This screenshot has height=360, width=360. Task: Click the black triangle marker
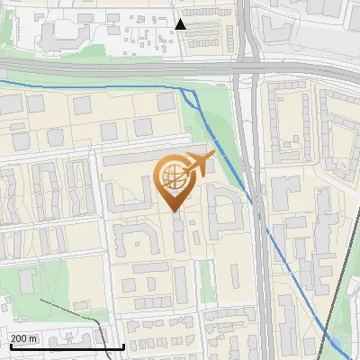[181, 24]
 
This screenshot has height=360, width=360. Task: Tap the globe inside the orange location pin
[174, 179]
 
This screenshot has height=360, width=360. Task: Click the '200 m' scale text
[24, 338]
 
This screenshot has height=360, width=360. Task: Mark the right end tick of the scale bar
[123, 345]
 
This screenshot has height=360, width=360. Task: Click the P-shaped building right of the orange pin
[225, 212]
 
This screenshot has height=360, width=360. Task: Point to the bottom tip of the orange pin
[174, 212]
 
